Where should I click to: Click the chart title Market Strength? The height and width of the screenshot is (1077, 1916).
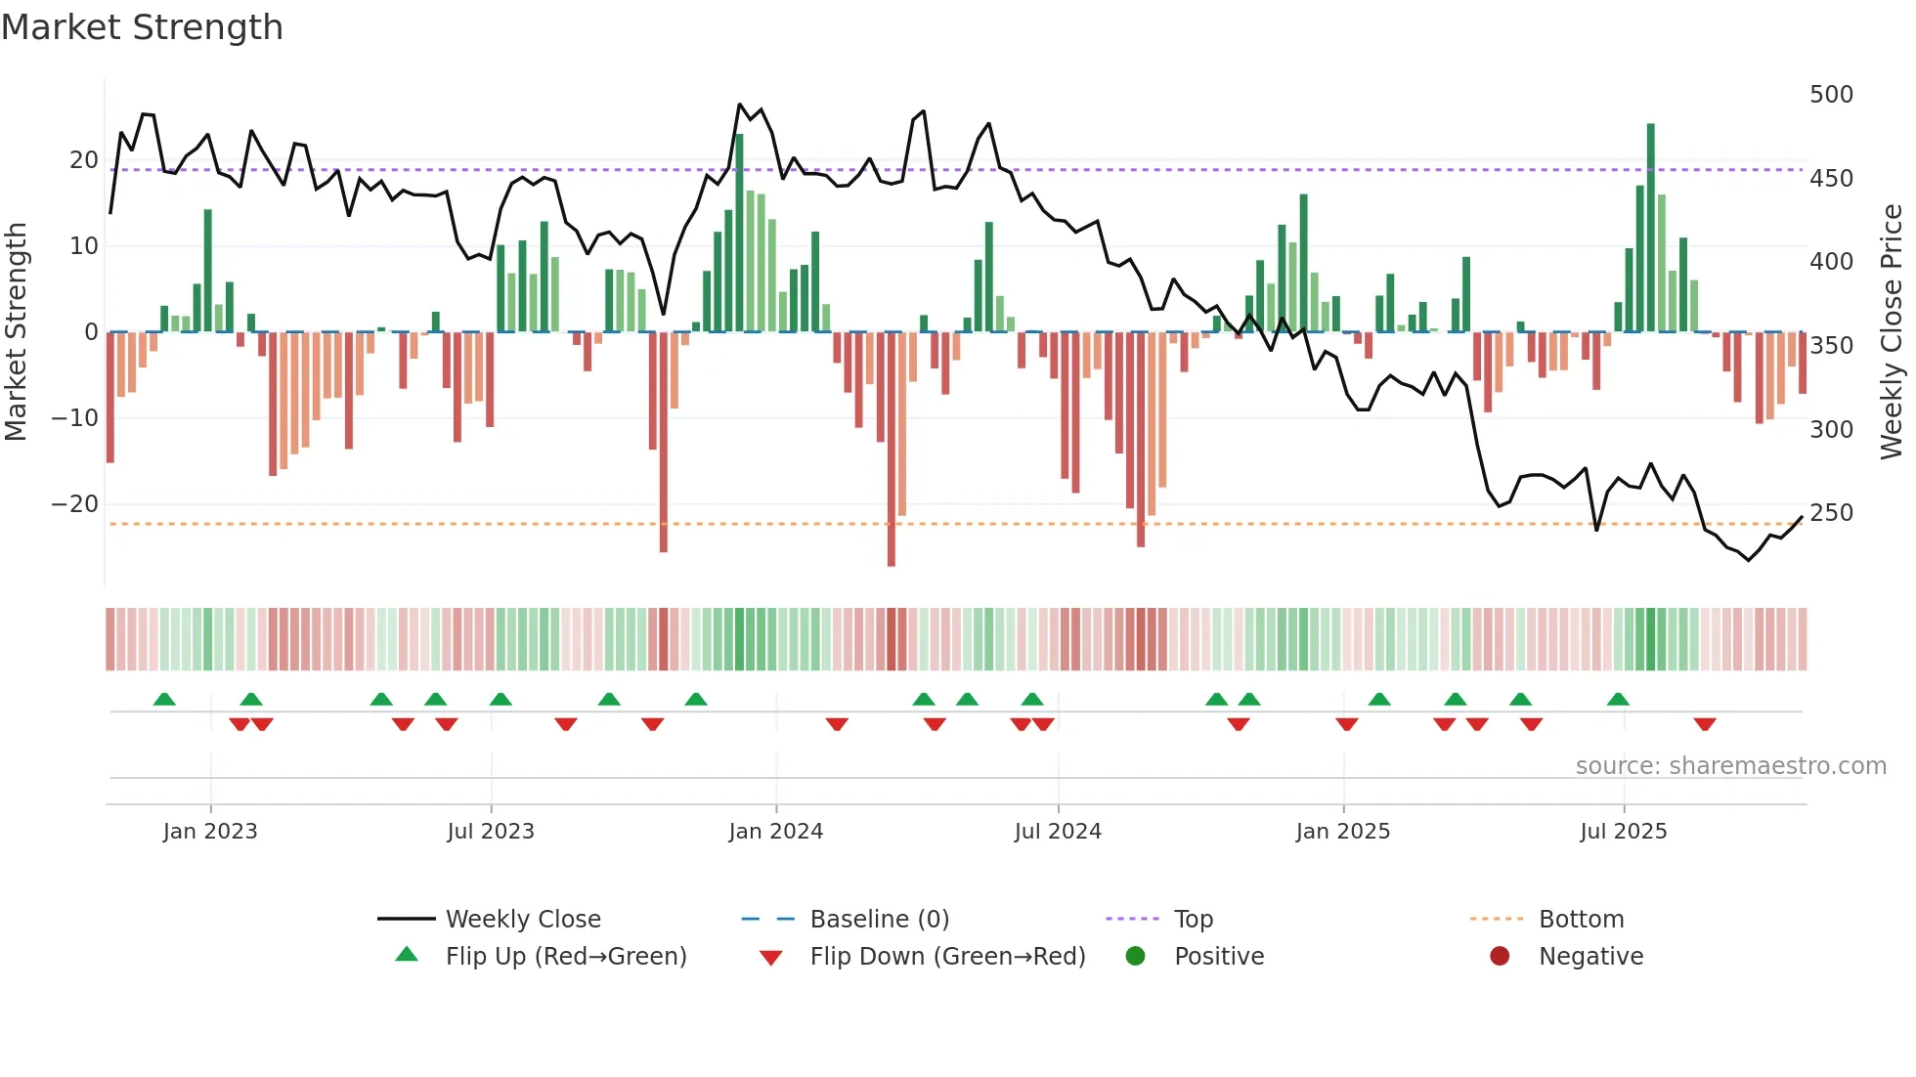tap(142, 27)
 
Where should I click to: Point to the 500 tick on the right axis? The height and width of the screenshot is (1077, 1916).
tap(1831, 95)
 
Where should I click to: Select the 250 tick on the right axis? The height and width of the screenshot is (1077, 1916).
tap(1831, 513)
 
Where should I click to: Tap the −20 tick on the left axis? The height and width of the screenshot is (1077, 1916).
tap(75, 504)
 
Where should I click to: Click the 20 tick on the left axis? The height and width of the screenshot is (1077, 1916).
tap(84, 160)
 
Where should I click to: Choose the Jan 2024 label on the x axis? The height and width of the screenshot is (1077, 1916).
tap(775, 832)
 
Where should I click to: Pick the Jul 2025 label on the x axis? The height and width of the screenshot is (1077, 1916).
tap(1623, 832)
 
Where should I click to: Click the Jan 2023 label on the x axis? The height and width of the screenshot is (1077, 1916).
tap(210, 832)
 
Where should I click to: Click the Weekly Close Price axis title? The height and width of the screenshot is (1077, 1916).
tap(1892, 332)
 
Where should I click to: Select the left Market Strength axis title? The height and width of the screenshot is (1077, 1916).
tap(16, 332)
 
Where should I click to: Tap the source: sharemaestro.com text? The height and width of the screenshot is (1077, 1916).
tap(1730, 766)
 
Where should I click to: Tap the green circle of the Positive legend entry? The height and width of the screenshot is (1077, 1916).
tap(1135, 957)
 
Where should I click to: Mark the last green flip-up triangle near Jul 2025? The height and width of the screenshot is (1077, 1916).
tap(1618, 700)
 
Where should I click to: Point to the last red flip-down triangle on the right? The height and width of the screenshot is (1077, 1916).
tap(1705, 724)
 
